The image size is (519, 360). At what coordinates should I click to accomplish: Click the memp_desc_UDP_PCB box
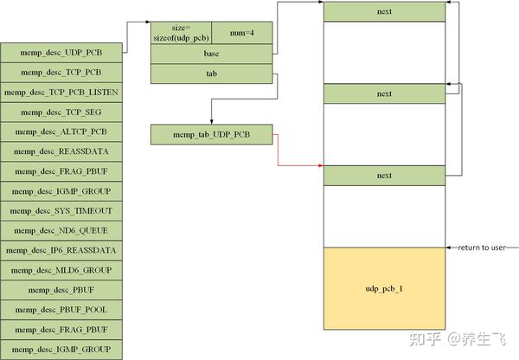tap(61, 52)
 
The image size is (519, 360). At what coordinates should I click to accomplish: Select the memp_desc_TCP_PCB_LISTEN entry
tap(61, 92)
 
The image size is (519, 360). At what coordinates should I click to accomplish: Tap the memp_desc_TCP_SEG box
tap(61, 112)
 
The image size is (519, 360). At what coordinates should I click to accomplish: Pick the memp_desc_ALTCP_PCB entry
tap(61, 132)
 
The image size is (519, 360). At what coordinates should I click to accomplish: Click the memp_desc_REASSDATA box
tap(61, 151)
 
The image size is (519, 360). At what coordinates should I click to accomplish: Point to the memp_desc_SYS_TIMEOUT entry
tap(61, 210)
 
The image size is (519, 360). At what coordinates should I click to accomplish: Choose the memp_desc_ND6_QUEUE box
tap(61, 230)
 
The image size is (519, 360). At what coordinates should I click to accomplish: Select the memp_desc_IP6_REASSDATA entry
tap(61, 250)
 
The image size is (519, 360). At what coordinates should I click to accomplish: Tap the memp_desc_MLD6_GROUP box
tap(61, 270)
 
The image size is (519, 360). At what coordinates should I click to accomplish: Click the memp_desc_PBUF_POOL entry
tap(61, 310)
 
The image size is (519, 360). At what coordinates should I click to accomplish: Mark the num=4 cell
tap(241, 33)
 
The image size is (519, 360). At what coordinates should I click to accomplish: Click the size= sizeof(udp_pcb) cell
tap(181, 33)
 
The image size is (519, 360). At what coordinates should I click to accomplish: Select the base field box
tap(211, 54)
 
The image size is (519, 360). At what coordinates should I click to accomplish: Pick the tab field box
tap(211, 74)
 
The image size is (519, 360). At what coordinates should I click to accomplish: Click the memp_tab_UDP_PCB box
tap(211, 134)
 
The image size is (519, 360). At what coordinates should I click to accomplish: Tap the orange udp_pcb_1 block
tap(384, 287)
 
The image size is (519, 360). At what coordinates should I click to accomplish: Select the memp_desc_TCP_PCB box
tap(61, 72)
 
